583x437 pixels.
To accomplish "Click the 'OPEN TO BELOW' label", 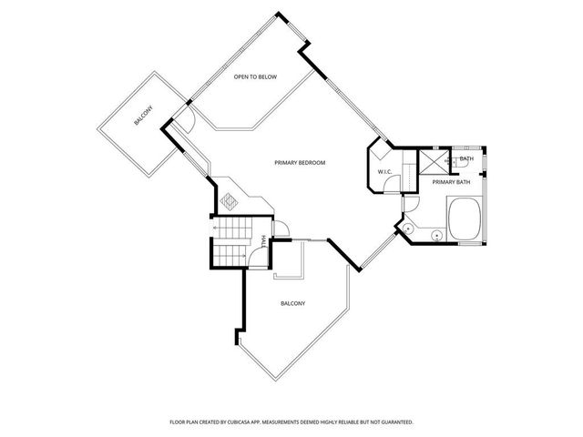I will click(x=254, y=77).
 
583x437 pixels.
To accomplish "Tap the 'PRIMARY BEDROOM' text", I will click(x=300, y=163).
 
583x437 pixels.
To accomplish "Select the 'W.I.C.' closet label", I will click(x=384, y=170).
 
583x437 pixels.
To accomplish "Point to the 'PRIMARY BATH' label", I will click(x=451, y=182).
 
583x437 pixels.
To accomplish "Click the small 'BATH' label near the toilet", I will click(x=466, y=159).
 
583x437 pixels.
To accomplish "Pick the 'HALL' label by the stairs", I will click(x=264, y=240).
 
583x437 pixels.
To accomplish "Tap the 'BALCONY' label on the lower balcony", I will click(x=292, y=303).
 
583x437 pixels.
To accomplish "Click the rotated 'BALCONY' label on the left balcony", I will click(x=143, y=118).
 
